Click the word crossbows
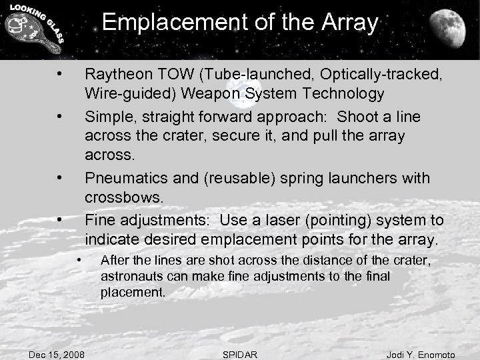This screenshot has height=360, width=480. [123, 198]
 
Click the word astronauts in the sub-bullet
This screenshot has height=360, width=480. [127, 275]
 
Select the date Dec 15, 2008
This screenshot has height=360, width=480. [56, 351]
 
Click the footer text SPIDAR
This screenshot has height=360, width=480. [239, 351]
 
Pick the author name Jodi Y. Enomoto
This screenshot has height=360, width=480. [421, 351]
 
